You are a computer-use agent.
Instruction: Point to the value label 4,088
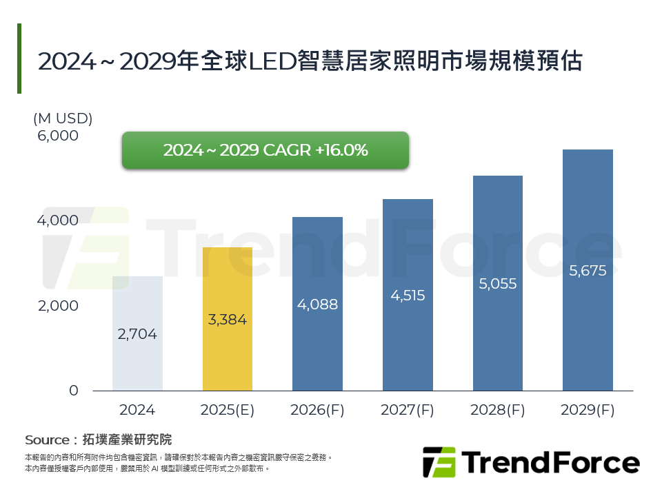[317, 304]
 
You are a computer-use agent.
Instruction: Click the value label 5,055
[497, 283]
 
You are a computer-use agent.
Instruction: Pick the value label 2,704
[137, 335]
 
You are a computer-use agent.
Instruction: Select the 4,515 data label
[408, 296]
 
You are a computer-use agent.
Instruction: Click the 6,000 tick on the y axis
[58, 136]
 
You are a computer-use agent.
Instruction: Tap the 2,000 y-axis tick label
[58, 306]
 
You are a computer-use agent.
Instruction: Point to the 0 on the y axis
[74, 391]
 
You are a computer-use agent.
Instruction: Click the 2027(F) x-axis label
[408, 410]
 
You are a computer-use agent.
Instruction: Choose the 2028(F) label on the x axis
[497, 410]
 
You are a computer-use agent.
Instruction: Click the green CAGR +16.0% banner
[265, 150]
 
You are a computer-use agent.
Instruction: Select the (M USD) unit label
[63, 118]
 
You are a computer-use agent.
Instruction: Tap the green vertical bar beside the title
[19, 59]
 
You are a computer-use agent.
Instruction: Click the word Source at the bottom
[46, 440]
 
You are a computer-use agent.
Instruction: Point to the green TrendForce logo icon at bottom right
[439, 462]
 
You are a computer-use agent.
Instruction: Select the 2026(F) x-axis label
[317, 410]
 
